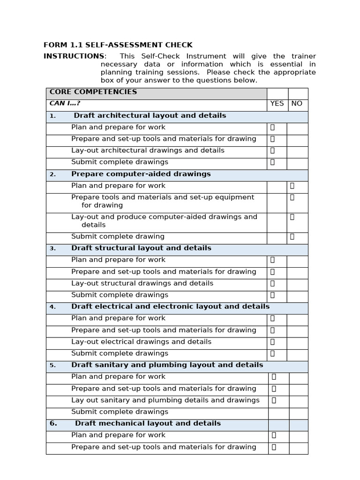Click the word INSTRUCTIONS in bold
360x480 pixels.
point(74,56)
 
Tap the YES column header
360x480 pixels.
point(277,104)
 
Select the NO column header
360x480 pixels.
point(297,104)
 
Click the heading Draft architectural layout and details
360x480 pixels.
point(150,115)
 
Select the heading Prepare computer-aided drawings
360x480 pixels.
point(141,174)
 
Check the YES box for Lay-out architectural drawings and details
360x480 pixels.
point(272,150)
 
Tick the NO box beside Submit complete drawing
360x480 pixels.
point(292,237)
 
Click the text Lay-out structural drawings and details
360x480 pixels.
point(142,283)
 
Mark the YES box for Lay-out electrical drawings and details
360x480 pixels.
point(272,342)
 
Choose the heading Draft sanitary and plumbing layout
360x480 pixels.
point(167,365)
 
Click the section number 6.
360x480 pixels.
point(53,423)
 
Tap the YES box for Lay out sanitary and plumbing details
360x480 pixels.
point(274,400)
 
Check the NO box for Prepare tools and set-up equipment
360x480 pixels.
point(292,197)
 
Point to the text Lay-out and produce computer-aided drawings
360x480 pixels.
point(164,217)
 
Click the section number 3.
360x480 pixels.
point(52,248)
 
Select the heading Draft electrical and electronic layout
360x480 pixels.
point(170,307)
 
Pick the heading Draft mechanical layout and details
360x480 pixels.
point(148,423)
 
